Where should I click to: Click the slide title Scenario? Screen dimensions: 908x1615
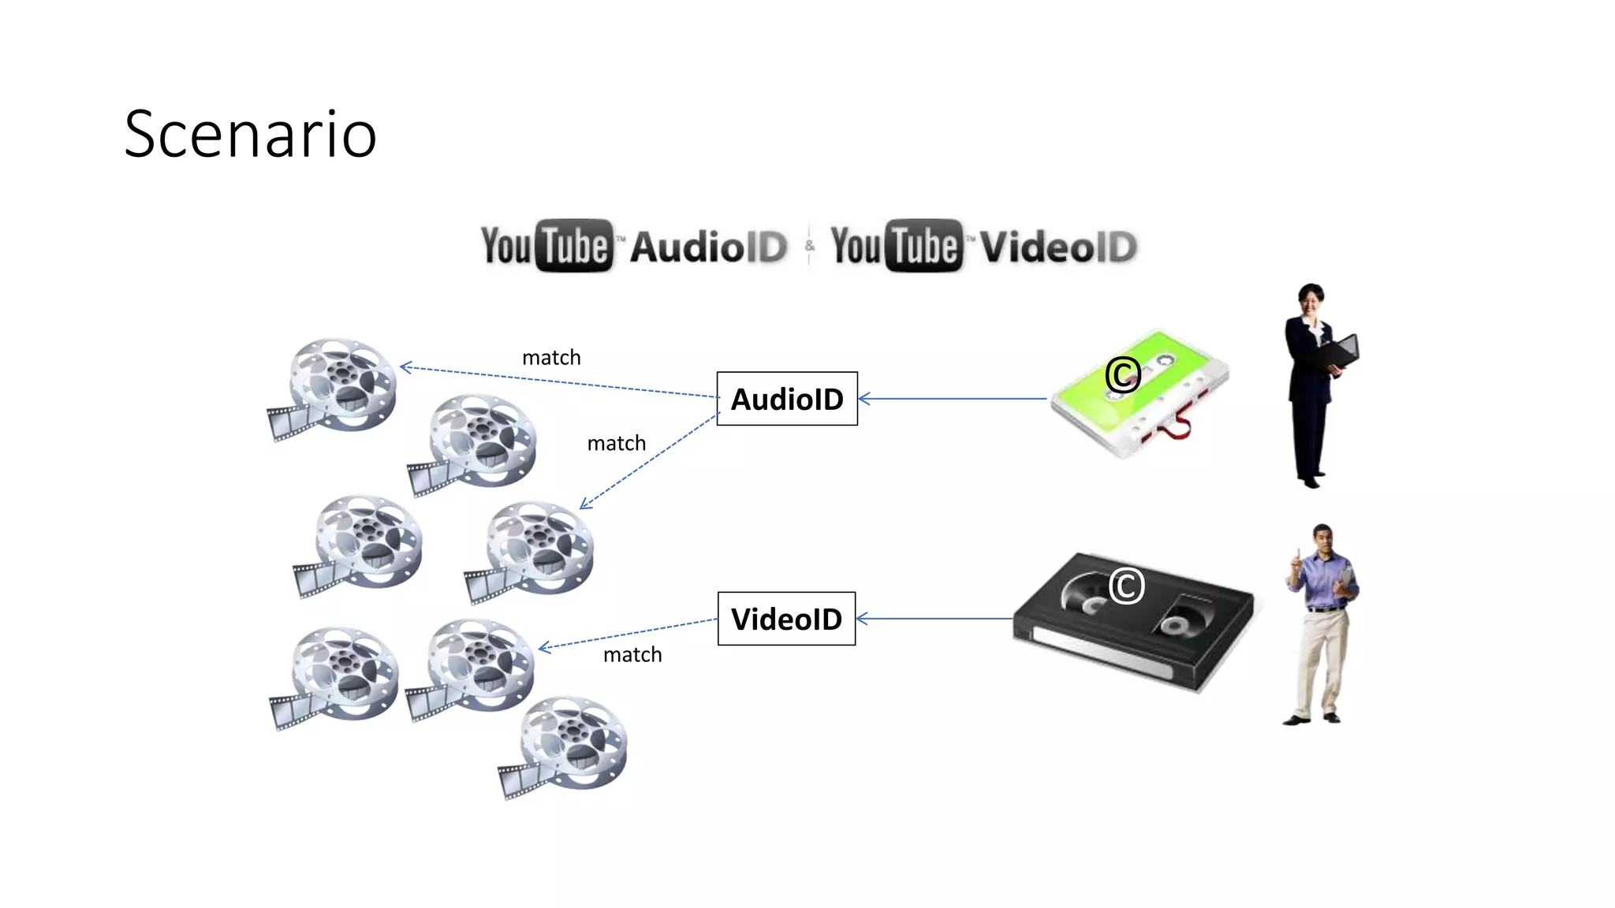pyautogui.click(x=250, y=135)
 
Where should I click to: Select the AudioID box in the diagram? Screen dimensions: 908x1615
pyautogui.click(x=786, y=399)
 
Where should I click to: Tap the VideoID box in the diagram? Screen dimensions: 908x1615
pyautogui.click(x=786, y=619)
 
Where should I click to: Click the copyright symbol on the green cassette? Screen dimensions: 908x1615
pyautogui.click(x=1123, y=374)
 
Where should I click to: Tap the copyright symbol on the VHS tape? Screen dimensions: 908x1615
pyautogui.click(x=1126, y=586)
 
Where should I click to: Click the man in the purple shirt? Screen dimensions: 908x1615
pyautogui.click(x=1321, y=623)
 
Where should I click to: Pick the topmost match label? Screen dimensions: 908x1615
pyautogui.click(x=551, y=358)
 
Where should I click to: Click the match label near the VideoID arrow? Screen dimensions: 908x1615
pyautogui.click(x=632, y=655)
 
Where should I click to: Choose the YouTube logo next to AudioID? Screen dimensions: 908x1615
pyautogui.click(x=546, y=246)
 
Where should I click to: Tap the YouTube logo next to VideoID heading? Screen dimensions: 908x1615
pyautogui.click(x=897, y=246)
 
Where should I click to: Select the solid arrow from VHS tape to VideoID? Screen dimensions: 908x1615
pyautogui.click(x=934, y=619)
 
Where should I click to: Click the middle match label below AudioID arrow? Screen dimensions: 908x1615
pyautogui.click(x=616, y=444)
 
